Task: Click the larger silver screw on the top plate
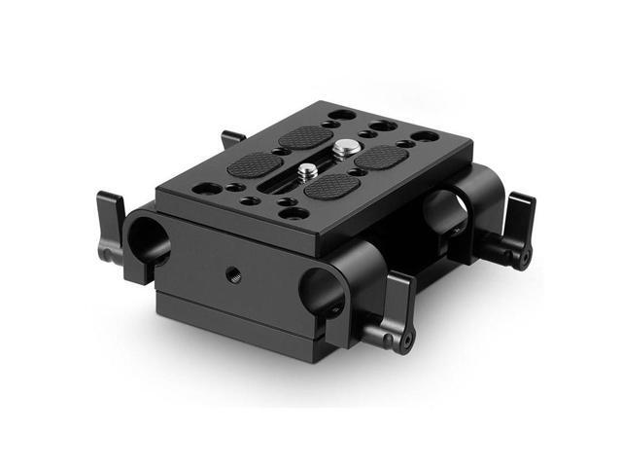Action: (x=344, y=149)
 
